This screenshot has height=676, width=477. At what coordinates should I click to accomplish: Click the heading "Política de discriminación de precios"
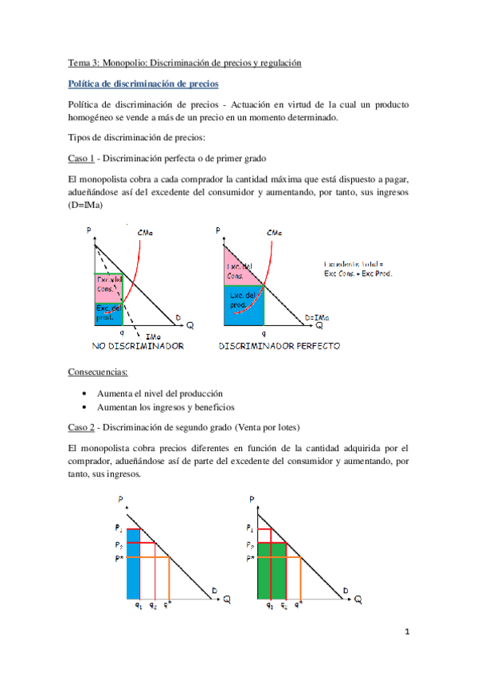coord(143,83)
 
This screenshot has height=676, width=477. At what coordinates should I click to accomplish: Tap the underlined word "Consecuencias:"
coord(99,371)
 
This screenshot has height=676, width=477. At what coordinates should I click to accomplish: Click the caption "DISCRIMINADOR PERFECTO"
coord(280,347)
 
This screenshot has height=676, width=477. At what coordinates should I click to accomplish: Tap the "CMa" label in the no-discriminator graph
coord(147,233)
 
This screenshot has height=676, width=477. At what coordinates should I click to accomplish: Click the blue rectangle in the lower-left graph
coord(134,564)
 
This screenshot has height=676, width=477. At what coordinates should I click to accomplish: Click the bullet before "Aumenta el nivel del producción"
coord(85,394)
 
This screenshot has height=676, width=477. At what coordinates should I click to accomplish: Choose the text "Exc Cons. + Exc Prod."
coord(359,273)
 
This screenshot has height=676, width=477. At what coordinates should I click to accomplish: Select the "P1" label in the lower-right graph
coord(251,529)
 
